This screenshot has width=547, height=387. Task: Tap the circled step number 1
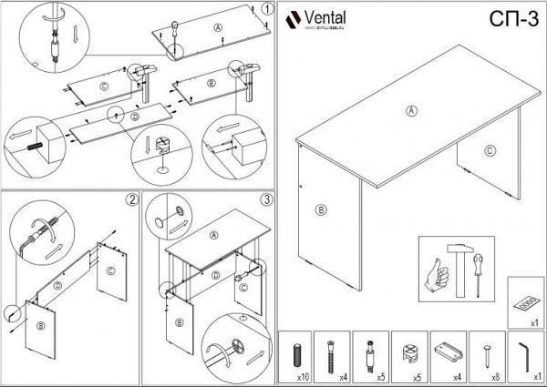265,9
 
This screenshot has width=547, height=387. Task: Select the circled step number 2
132,199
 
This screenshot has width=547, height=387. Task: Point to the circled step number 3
266,199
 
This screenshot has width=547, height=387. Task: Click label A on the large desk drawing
411,110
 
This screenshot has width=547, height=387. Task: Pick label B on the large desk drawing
320,209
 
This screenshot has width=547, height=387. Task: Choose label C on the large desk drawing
490,151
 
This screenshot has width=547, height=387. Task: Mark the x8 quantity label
496,375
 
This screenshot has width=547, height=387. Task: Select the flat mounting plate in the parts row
448,351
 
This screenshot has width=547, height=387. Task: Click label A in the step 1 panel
218,27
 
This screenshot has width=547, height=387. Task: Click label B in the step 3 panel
180,323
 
